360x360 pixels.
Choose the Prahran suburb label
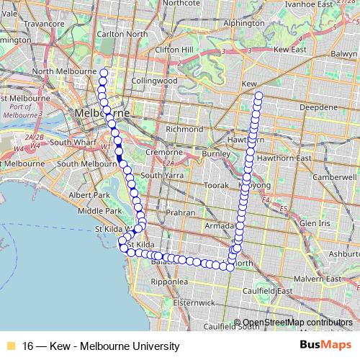(178, 213)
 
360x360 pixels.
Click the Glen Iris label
(315, 224)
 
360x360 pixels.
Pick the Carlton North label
(116, 33)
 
